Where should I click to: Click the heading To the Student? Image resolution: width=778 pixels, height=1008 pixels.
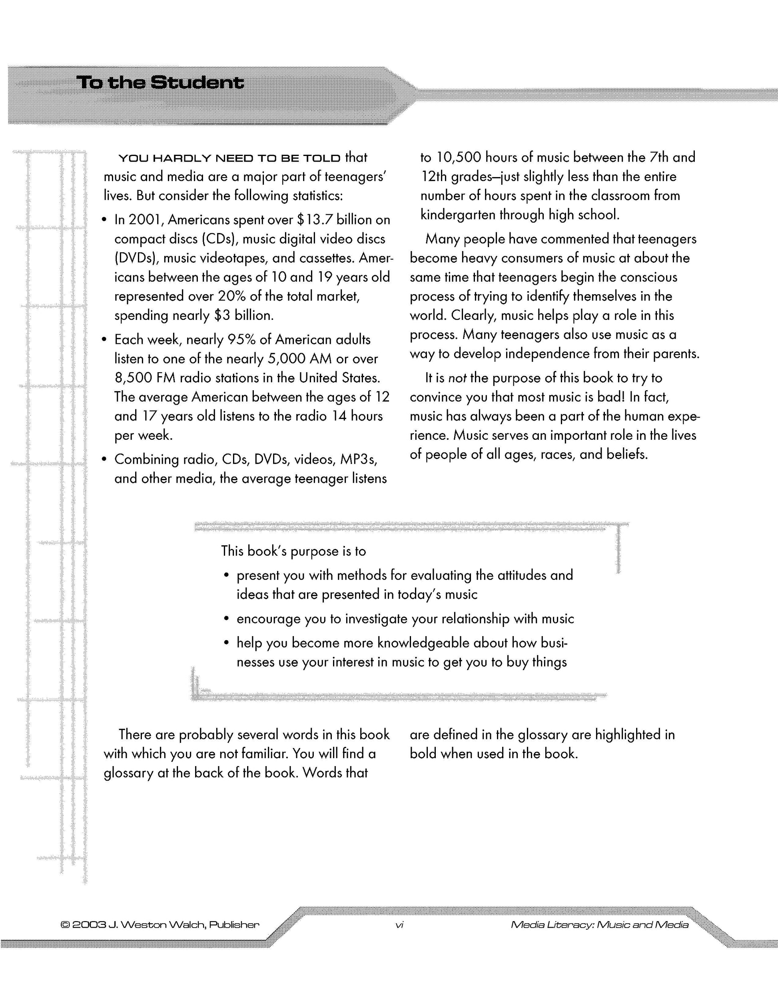[160, 83]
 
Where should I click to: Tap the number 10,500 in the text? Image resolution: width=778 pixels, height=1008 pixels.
[458, 158]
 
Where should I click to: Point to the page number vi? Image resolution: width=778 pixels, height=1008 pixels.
[400, 924]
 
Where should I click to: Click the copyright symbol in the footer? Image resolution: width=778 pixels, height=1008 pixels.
[66, 924]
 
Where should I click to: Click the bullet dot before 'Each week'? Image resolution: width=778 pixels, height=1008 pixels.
[104, 340]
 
